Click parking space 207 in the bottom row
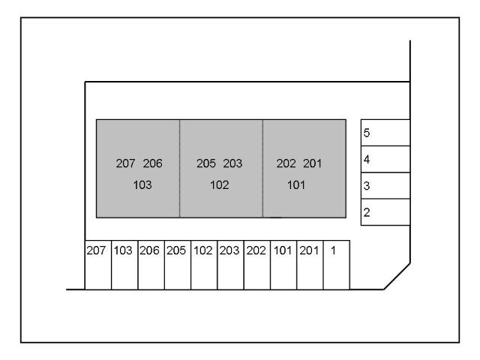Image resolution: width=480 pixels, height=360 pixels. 97,265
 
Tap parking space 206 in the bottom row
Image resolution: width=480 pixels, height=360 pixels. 151,265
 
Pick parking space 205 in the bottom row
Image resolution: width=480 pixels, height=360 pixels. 177,265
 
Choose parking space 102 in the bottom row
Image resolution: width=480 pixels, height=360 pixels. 204,265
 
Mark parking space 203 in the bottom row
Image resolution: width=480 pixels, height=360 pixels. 230,265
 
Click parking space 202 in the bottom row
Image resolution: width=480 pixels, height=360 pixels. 257,265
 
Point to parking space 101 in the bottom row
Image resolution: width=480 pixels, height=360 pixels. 283,265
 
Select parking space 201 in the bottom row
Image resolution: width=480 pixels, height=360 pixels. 310,265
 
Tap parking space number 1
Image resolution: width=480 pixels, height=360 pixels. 336,265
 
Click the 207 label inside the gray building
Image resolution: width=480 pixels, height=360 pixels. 125,163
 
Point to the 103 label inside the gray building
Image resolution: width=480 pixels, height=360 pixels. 142,184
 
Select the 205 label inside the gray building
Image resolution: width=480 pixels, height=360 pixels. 205,163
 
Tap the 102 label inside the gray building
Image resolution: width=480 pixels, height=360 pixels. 219,184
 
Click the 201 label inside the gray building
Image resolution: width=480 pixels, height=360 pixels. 311,163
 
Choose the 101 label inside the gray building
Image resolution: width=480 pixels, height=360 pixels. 296,184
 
